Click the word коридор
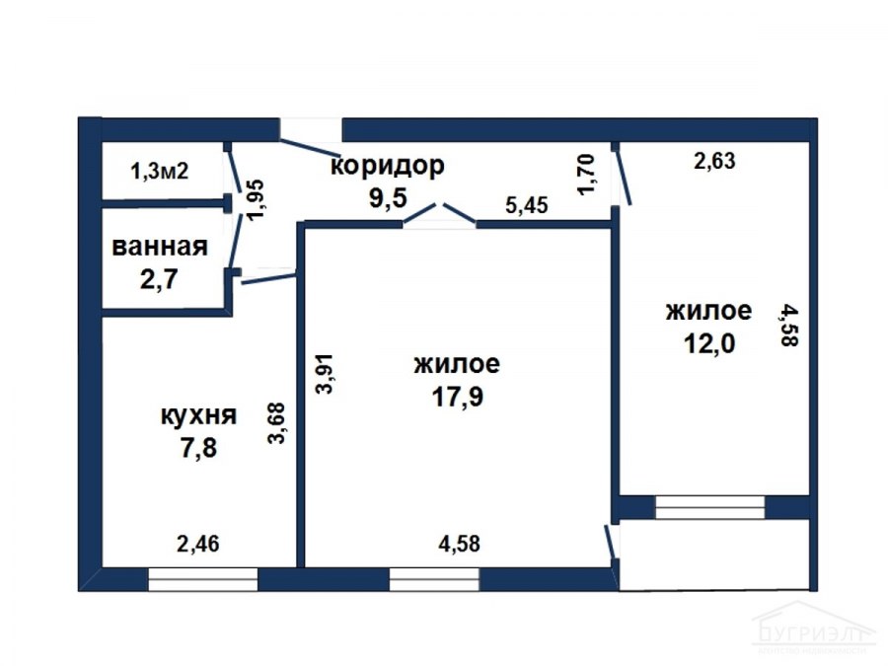point(388,165)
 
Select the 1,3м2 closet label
point(160,170)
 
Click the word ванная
point(160,247)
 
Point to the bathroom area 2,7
point(160,279)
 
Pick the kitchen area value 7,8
point(197,449)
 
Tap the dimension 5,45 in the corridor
point(527,205)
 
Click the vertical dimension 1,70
point(586,174)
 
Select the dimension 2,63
point(714,162)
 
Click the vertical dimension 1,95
point(256,199)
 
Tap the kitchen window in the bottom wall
point(202,579)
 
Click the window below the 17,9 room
point(434,579)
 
